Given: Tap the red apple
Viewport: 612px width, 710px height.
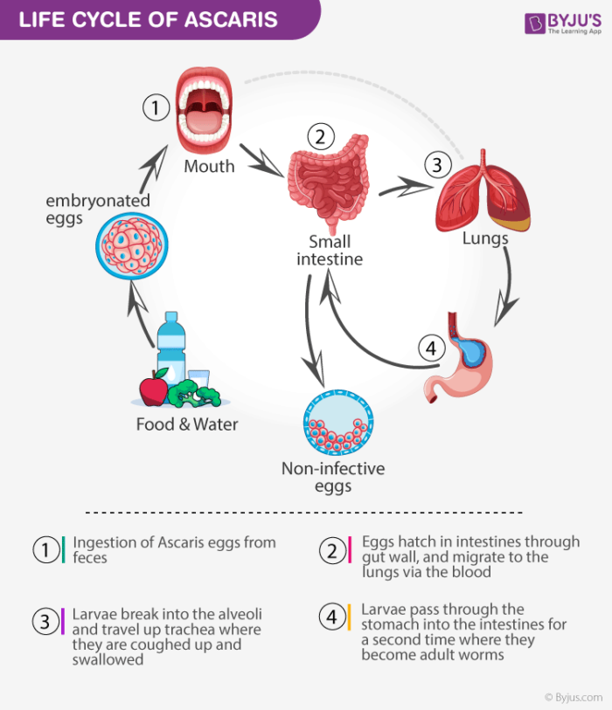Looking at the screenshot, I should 154,389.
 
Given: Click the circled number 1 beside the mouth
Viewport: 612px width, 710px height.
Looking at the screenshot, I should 155,108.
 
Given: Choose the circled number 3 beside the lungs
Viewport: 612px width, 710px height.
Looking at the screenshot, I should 436,164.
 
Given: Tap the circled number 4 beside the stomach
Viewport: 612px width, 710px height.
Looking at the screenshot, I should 429,348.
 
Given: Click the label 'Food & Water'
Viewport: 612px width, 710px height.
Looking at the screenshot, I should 187,425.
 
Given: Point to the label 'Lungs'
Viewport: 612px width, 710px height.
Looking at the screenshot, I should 485,238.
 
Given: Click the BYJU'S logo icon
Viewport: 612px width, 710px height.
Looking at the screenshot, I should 534,24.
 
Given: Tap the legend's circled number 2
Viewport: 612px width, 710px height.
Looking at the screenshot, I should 332,551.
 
